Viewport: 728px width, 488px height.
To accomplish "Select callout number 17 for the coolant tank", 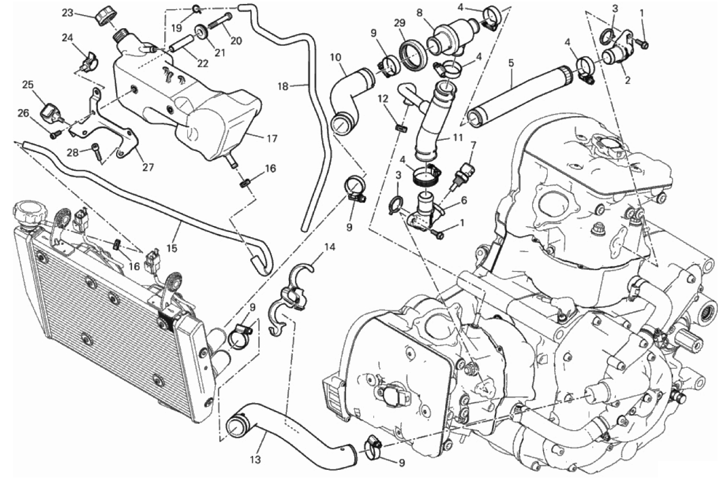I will (271, 139).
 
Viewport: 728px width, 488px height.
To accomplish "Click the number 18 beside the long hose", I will (282, 86).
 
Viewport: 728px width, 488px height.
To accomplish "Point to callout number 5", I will (511, 63).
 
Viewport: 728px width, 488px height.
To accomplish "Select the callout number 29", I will (400, 24).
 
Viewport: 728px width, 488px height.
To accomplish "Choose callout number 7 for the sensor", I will (473, 146).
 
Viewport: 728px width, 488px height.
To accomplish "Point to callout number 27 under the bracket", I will (148, 167).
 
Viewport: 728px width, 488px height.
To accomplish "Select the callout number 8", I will (420, 13).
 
